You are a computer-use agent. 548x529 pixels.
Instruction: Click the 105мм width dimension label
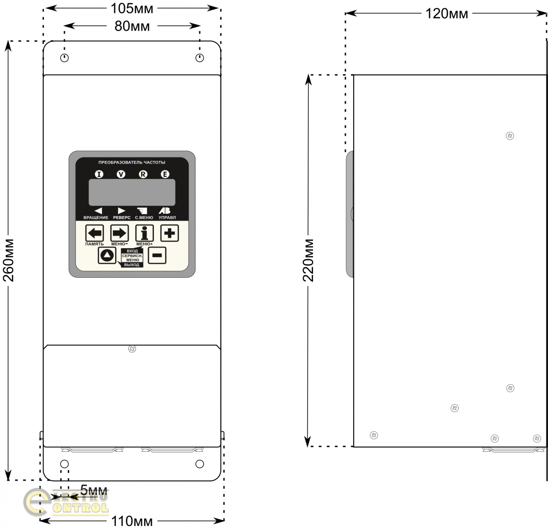tap(131, 8)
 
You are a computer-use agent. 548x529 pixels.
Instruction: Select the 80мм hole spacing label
tap(132, 26)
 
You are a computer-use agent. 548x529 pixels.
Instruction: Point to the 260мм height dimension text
tap(9, 260)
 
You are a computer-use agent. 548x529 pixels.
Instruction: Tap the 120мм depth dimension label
tap(446, 14)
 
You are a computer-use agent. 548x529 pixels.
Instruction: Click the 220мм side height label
tap(308, 260)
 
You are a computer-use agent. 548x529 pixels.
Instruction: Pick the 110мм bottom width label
tap(132, 522)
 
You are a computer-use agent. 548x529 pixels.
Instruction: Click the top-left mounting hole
tap(64, 58)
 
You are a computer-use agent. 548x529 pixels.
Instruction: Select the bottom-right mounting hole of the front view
tap(200, 464)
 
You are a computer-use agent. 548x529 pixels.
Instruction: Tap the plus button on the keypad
tap(169, 233)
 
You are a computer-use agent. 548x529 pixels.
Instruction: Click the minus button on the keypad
tap(157, 255)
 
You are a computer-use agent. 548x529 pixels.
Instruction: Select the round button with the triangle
tap(107, 255)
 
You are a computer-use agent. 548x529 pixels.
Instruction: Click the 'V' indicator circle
tap(121, 174)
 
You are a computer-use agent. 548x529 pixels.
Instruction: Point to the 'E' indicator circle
tap(165, 174)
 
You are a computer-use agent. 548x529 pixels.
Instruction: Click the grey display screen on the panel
tap(132, 192)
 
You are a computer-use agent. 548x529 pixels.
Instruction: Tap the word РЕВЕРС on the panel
tap(122, 218)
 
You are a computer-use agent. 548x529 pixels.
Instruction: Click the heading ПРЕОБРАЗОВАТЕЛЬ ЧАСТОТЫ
tap(132, 163)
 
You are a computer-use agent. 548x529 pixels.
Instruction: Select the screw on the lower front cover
tap(132, 349)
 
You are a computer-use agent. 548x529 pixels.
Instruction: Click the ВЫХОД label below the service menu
tap(132, 265)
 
